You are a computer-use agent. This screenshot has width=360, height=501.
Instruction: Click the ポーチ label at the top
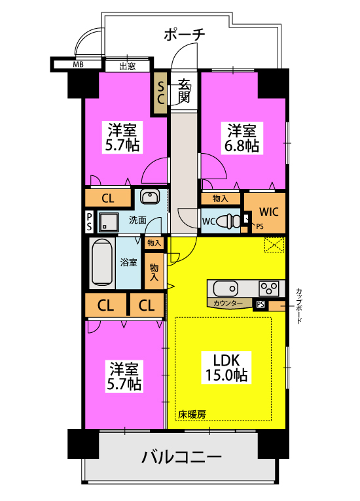tap(184, 34)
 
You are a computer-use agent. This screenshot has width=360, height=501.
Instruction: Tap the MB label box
tap(78, 65)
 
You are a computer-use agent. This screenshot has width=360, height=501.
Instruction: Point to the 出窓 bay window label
tap(128, 65)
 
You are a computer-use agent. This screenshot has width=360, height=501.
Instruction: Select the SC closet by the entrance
tap(160, 92)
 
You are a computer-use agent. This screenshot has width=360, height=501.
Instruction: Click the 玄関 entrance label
tap(184, 91)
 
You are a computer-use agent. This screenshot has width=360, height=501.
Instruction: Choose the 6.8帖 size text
tap(243, 146)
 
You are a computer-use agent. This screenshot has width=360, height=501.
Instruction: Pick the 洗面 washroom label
tap(137, 220)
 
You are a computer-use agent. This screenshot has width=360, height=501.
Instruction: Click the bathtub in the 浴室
tap(102, 263)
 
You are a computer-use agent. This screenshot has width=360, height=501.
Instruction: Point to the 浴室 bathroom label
tap(128, 262)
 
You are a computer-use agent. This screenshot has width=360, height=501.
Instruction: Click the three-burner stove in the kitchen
tap(269, 288)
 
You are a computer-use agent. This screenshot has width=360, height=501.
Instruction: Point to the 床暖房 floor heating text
tap(192, 413)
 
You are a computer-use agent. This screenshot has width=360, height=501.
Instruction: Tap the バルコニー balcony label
tap(182, 457)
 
